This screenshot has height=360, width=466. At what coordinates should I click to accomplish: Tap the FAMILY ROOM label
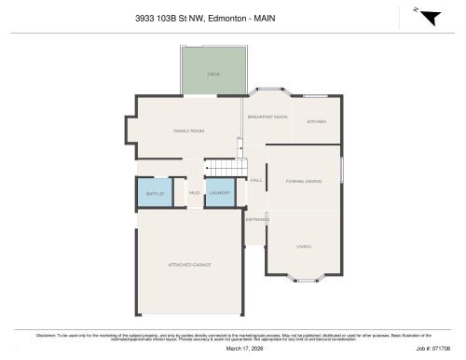pyautogui.click(x=188, y=132)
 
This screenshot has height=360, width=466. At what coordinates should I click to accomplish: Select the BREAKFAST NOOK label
pyautogui.click(x=267, y=118)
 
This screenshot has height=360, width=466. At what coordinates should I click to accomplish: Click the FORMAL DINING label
pyautogui.click(x=302, y=180)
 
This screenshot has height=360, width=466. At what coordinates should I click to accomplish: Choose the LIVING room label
pyautogui.click(x=303, y=246)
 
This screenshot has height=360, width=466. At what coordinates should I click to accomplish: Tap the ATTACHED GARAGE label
pyautogui.click(x=189, y=265)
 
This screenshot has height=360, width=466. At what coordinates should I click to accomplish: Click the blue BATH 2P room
pyautogui.click(x=154, y=193)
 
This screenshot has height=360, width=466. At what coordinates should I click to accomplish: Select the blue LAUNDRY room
pyautogui.click(x=219, y=193)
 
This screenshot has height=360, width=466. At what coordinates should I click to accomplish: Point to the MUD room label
pyautogui.click(x=194, y=193)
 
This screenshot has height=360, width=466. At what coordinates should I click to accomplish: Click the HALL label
pyautogui.click(x=255, y=179)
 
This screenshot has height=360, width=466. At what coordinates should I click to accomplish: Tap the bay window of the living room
pyautogui.click(x=303, y=278)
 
